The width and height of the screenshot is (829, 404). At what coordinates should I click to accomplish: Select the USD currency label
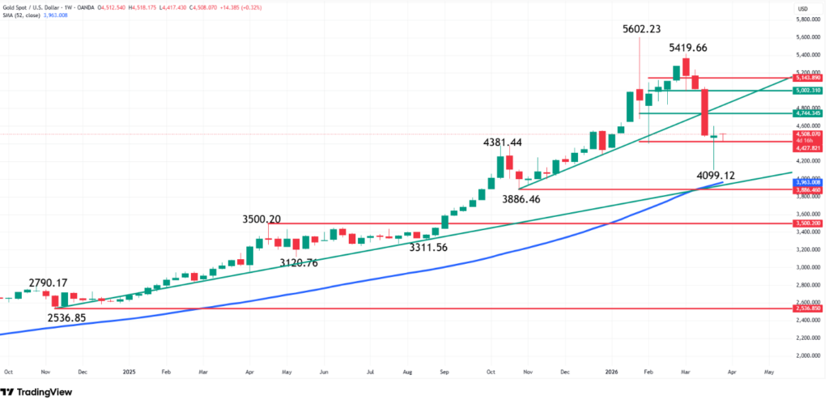point(803,9)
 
